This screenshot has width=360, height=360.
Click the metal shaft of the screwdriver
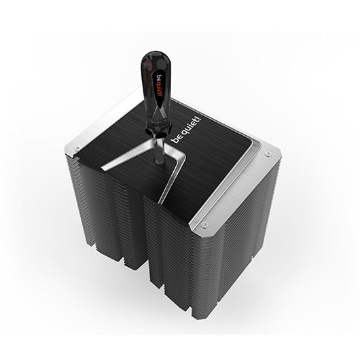159,149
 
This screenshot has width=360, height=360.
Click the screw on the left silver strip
77,148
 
